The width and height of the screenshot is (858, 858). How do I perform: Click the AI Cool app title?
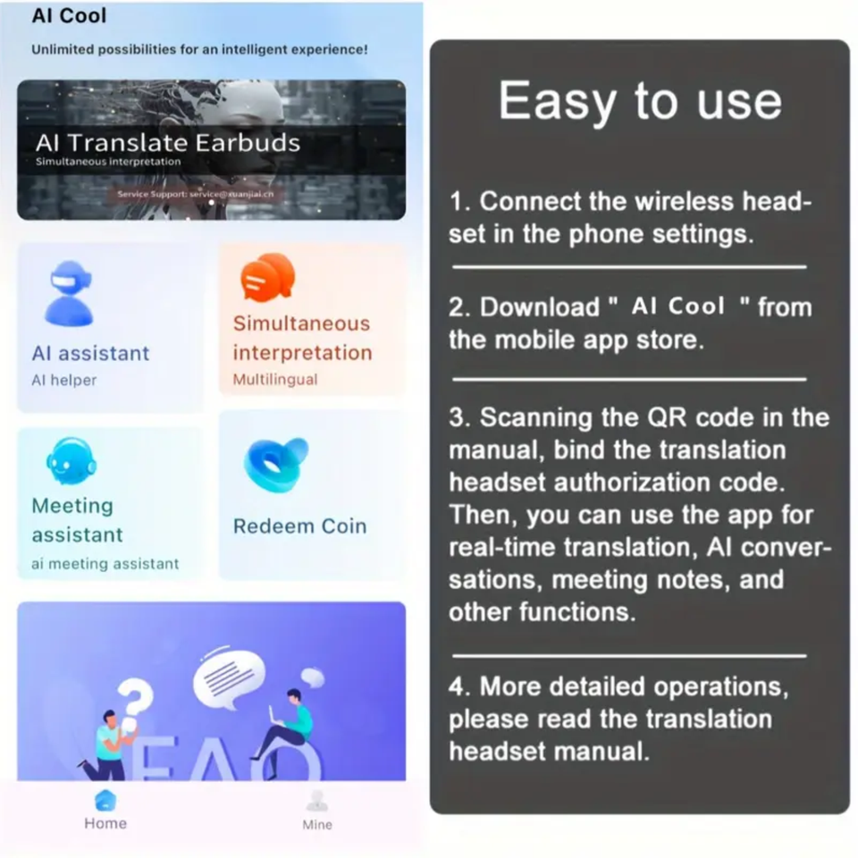click(69, 16)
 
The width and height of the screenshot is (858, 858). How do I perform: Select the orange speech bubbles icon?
click(267, 277)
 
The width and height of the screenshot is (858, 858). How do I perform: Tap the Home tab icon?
click(105, 800)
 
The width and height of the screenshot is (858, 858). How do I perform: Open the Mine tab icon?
click(316, 802)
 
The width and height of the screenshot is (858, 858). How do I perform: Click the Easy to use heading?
click(639, 101)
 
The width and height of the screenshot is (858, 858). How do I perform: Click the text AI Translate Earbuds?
click(168, 142)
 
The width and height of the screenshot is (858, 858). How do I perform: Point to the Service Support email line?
click(196, 194)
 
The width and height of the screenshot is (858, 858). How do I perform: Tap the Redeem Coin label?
click(299, 526)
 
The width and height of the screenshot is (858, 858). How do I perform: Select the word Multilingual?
click(274, 380)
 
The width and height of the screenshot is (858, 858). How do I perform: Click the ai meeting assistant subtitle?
click(105, 564)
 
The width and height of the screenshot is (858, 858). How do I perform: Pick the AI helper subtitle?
click(63, 380)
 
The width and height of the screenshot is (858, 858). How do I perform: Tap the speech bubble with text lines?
click(229, 677)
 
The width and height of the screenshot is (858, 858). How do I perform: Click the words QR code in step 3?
click(686, 417)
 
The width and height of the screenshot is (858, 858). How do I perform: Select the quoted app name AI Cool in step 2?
click(677, 307)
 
